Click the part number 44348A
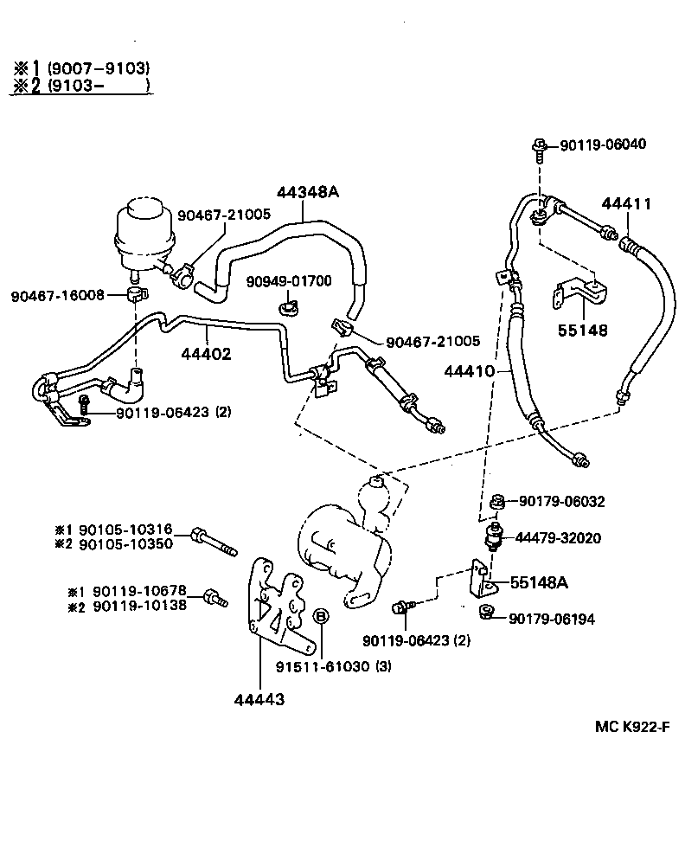308,193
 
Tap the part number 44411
626,204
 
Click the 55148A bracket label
539,582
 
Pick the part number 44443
259,698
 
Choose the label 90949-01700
288,281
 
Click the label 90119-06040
603,144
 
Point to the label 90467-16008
57,295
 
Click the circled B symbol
320,616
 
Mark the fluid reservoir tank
145,229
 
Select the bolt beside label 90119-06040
540,149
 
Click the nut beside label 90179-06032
497,501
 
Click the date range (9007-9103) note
99,67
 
